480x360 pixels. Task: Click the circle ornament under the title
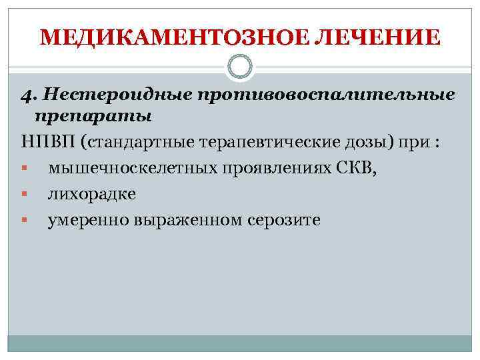[x=239, y=67]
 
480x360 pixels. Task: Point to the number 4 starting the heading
[x=25, y=95]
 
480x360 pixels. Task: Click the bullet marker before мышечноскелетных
[x=24, y=169]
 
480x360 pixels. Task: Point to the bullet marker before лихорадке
[x=24, y=195]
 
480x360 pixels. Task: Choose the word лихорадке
[x=91, y=195]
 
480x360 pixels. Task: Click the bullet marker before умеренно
[x=24, y=220]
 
